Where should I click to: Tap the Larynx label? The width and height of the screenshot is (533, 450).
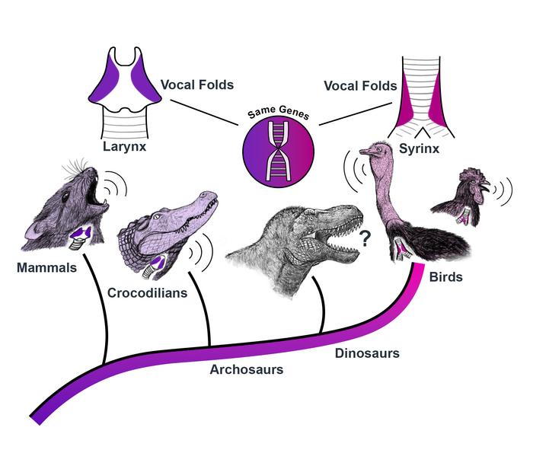pos(125,146)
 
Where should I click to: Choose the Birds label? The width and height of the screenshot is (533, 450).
pos(444,277)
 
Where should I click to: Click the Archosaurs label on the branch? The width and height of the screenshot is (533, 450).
pos(247,369)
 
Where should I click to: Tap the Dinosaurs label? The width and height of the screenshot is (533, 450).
pos(367,353)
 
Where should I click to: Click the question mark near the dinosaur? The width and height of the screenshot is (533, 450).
pos(365,241)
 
